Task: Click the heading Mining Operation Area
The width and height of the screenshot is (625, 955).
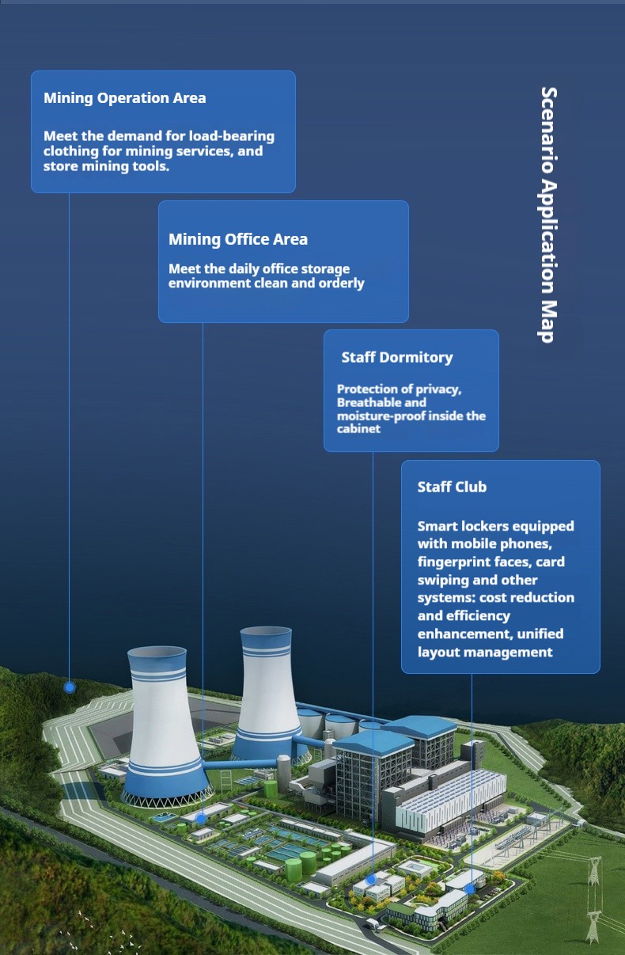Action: pyautogui.click(x=124, y=98)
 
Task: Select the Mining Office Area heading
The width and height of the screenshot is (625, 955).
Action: pyautogui.click(x=238, y=239)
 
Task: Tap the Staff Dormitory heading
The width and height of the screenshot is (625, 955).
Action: pyautogui.click(x=397, y=357)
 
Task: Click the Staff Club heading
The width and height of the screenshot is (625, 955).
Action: pyautogui.click(x=452, y=487)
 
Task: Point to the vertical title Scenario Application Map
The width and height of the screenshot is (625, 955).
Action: pyautogui.click(x=548, y=214)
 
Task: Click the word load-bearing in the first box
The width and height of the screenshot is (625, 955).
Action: pyautogui.click(x=232, y=136)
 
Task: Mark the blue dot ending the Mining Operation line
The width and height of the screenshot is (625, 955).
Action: pyautogui.click(x=70, y=687)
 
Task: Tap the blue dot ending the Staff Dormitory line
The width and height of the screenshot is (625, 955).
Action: pyautogui.click(x=372, y=880)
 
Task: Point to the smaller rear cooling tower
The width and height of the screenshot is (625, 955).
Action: pyautogui.click(x=267, y=689)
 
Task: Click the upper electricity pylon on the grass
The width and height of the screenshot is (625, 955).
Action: pyautogui.click(x=593, y=871)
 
